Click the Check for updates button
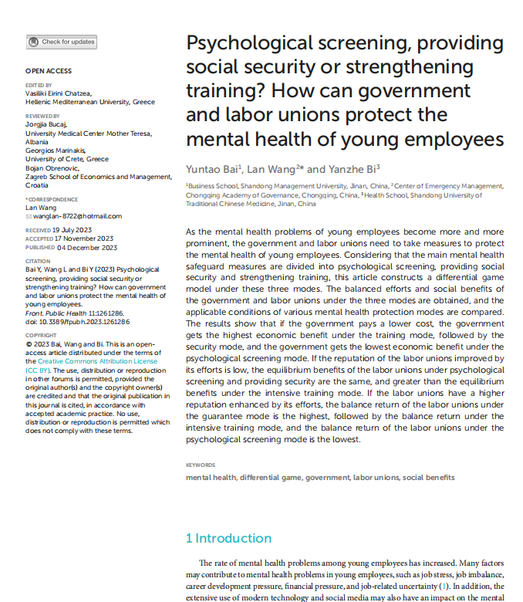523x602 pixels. click(62, 42)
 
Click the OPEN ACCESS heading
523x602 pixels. click(49, 71)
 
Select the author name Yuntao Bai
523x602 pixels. click(212, 168)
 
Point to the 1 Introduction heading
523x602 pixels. click(228, 538)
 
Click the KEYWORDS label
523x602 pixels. click(201, 465)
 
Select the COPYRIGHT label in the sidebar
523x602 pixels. click(41, 336)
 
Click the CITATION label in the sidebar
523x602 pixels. click(38, 262)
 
